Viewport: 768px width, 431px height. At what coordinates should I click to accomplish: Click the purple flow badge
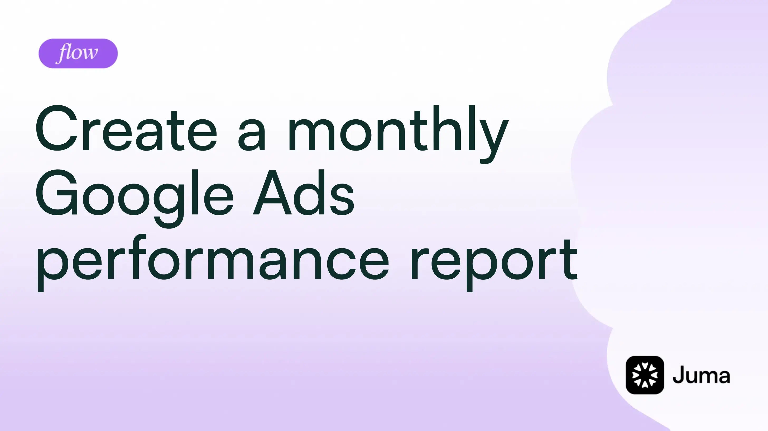click(x=78, y=53)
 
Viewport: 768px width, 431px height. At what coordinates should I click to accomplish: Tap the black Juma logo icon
click(x=645, y=375)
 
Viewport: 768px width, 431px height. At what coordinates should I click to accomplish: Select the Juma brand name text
click(x=701, y=376)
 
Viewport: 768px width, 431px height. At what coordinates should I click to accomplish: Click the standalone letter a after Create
click(x=251, y=135)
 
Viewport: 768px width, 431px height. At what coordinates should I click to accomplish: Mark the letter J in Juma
click(x=679, y=375)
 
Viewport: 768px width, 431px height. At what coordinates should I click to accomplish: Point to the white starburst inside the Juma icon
click(x=645, y=375)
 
